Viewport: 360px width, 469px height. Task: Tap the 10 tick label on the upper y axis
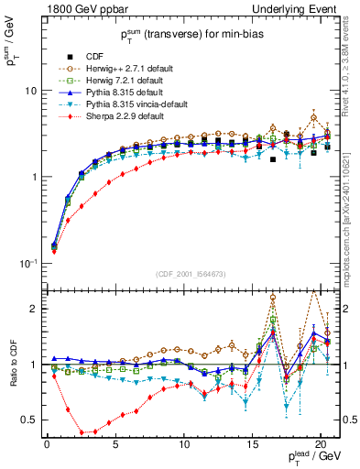coord(29,92)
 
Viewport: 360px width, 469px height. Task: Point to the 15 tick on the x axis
coord(252,445)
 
